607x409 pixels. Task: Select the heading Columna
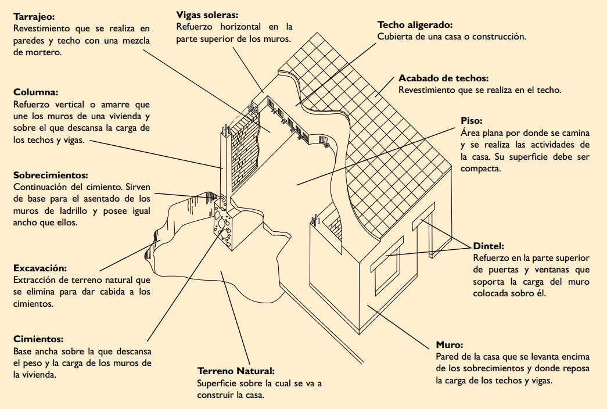tap(35, 92)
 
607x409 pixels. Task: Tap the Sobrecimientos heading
tap(50, 174)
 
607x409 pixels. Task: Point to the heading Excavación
tap(39, 268)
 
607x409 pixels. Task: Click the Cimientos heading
tap(38, 339)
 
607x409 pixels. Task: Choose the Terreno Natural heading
tap(235, 371)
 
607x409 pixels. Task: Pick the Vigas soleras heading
tap(207, 14)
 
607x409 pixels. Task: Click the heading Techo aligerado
tap(415, 25)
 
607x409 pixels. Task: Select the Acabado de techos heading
tap(443, 78)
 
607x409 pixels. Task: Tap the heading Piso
tap(471, 121)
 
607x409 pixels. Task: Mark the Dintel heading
tap(489, 246)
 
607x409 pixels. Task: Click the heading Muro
tap(449, 344)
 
